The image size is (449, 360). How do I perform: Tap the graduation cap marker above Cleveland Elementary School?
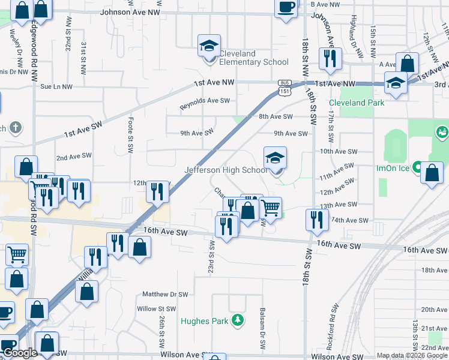click(209, 46)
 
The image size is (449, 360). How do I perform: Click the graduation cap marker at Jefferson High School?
click(276, 158)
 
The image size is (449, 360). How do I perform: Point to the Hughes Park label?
click(204, 321)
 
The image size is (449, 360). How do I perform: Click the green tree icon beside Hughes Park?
click(238, 320)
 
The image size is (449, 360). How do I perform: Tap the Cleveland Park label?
click(355, 103)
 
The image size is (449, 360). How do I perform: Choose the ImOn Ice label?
click(393, 168)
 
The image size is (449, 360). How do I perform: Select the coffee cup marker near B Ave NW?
click(286, 8)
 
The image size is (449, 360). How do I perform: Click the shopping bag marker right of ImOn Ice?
click(432, 173)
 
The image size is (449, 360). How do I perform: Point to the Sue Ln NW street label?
click(56, 86)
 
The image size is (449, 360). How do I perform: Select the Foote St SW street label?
click(130, 135)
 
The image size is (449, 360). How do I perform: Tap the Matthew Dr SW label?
click(165, 295)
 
